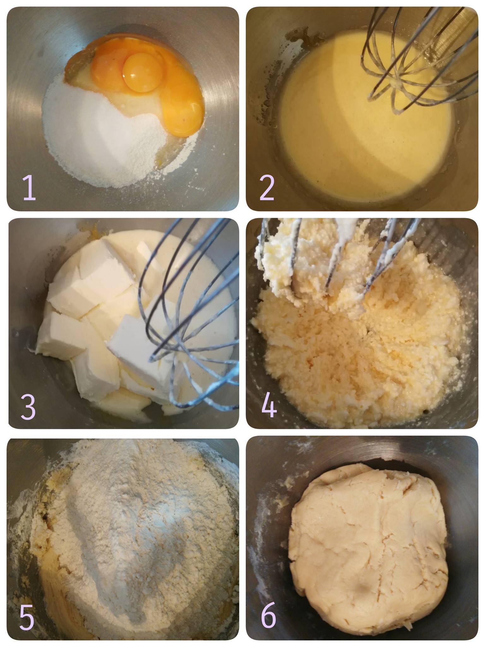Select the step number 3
pyautogui.click(x=28, y=407)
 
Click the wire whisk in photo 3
pyautogui.click(x=189, y=316)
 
